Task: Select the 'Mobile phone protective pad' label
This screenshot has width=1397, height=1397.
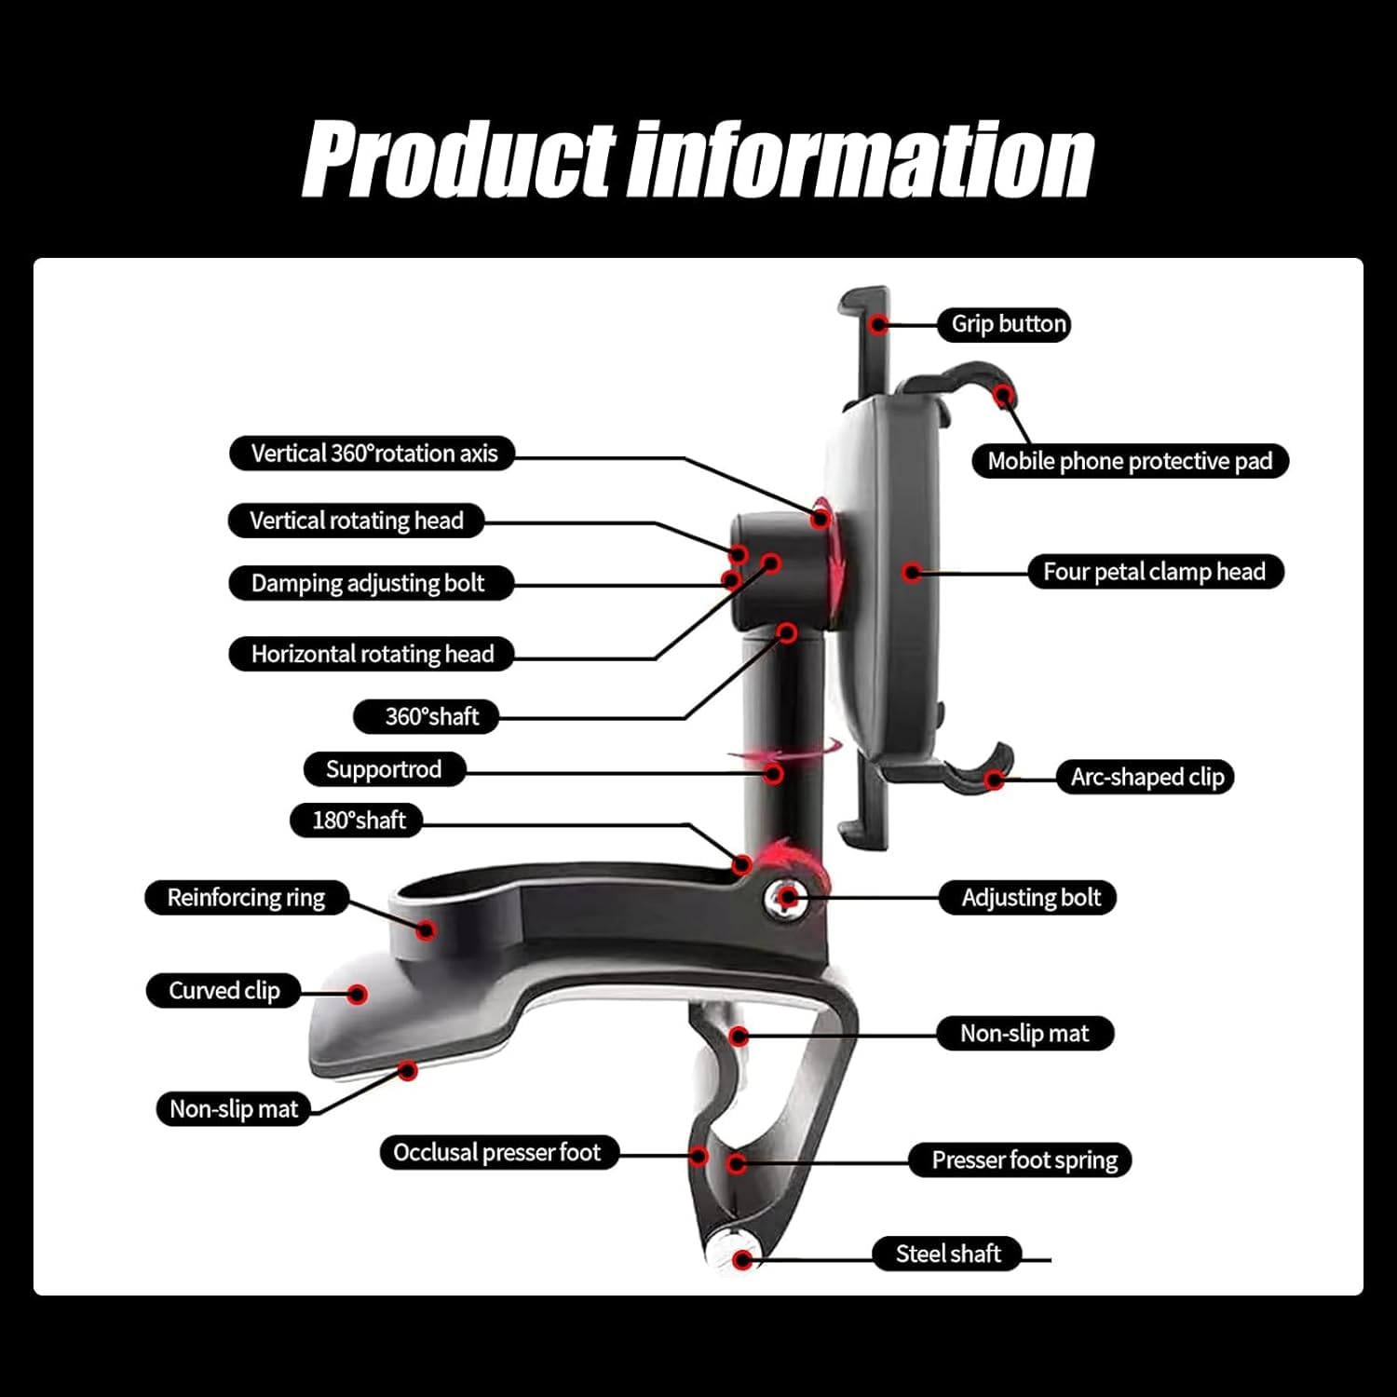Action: click(1130, 461)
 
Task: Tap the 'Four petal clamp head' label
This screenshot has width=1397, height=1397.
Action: click(1155, 572)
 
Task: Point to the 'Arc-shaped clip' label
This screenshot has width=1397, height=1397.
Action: click(1146, 777)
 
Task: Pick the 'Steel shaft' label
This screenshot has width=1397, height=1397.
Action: click(947, 1254)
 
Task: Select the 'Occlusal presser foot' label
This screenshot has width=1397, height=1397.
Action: click(498, 1153)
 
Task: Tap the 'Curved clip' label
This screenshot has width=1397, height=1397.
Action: click(224, 991)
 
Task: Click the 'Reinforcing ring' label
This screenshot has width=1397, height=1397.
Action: click(247, 898)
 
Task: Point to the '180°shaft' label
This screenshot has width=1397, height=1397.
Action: click(358, 821)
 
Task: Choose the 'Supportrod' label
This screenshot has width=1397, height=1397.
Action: click(384, 769)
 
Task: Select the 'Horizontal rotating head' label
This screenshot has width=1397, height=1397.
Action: click(373, 654)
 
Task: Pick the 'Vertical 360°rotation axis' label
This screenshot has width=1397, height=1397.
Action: click(373, 454)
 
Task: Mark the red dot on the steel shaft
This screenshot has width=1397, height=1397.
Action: click(741, 1260)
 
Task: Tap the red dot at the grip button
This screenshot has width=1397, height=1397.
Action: click(877, 324)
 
